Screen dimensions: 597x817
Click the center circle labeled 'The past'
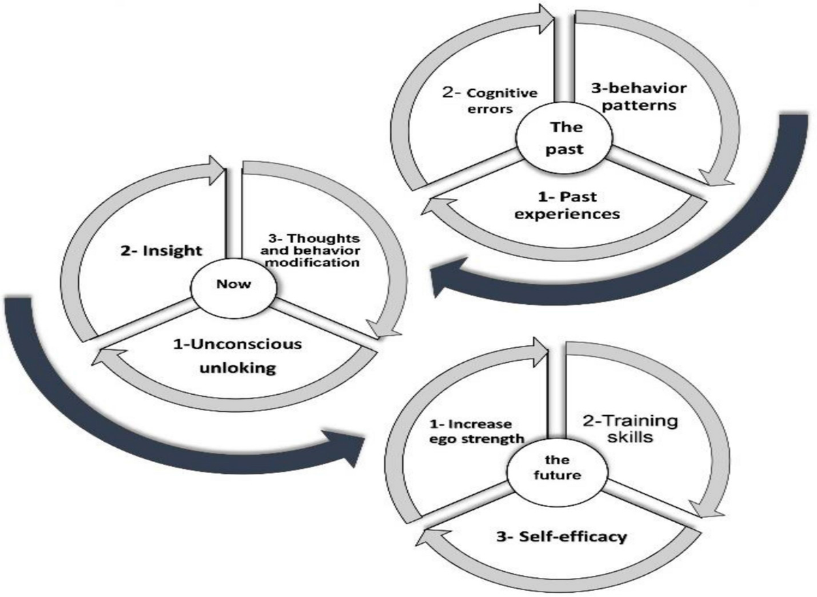[565, 138]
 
